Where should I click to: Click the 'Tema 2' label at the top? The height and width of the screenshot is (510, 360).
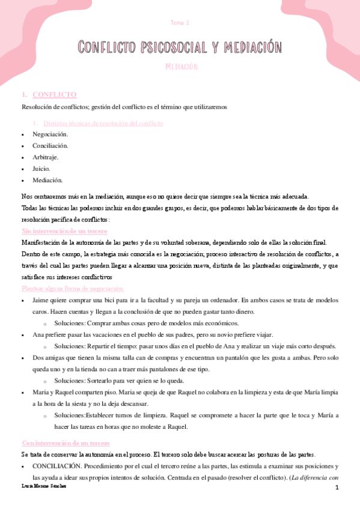[180, 23]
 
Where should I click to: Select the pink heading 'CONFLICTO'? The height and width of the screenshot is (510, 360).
[55, 95]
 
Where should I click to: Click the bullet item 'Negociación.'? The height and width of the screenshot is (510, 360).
[50, 134]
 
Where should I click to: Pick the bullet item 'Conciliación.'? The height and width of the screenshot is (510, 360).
[50, 146]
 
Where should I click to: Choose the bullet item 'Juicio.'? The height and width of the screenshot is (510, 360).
[41, 168]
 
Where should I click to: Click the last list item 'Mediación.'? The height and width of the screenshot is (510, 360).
[47, 180]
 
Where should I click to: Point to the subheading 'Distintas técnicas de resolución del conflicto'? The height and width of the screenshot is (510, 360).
[99, 123]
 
